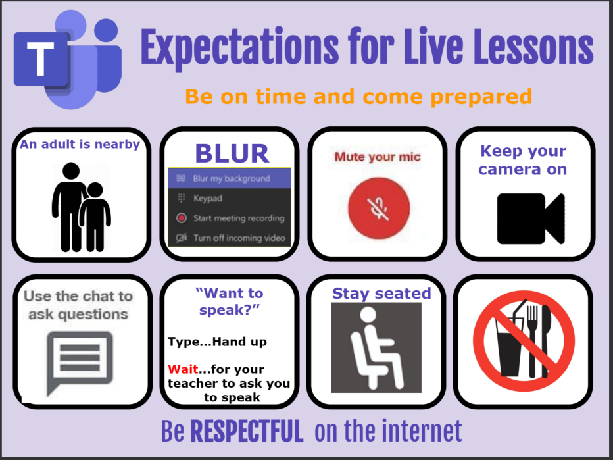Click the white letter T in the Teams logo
point(40,59)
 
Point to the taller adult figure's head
point(71,171)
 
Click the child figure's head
point(95,190)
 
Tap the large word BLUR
point(232,153)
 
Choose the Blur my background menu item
point(230,179)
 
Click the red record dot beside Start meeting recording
point(181,218)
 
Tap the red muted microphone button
point(378,208)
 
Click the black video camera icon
point(531,218)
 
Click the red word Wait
point(183,369)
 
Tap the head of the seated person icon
point(368,315)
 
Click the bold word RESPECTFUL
point(247,431)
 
